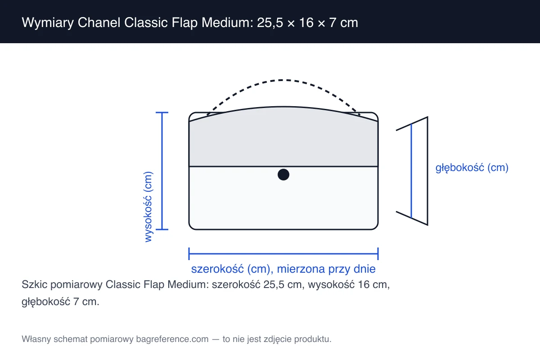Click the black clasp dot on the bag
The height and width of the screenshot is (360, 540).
[x=283, y=174]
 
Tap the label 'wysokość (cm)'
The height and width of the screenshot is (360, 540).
[x=148, y=207]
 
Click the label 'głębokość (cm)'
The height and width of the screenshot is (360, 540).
[x=472, y=167]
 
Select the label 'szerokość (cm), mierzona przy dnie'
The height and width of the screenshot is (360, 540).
[x=283, y=269]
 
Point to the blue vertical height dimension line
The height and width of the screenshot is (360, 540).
[x=162, y=171]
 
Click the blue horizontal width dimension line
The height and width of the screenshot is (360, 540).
[x=283, y=254]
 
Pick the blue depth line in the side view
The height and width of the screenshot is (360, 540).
[x=411, y=171]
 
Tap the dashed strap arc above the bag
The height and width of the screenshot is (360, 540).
[x=283, y=80]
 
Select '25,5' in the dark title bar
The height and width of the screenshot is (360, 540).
[x=270, y=23]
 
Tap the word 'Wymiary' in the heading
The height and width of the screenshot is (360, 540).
[x=48, y=23]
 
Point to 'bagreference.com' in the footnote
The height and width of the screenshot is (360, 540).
[x=172, y=339]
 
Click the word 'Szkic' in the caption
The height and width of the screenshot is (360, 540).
[x=35, y=284]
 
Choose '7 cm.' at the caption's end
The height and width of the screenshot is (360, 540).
[x=86, y=301]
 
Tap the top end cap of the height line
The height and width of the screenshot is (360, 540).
[x=162, y=112]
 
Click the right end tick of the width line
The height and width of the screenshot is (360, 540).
[x=378, y=254]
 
